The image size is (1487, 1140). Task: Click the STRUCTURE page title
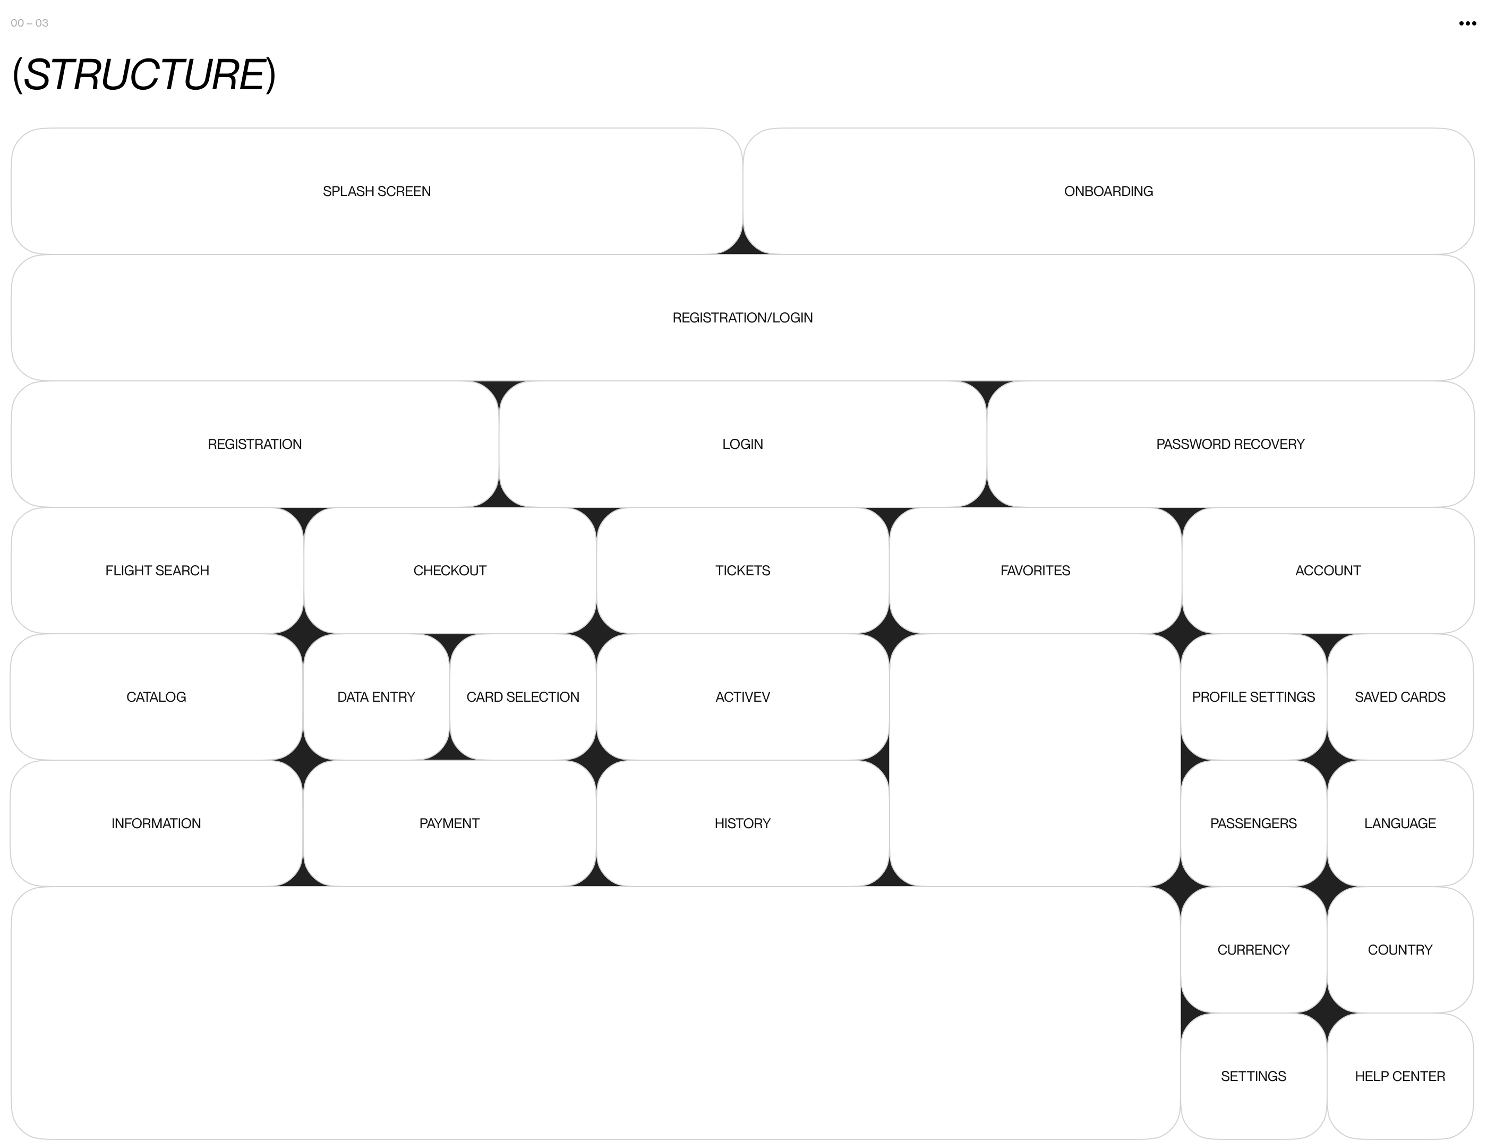click(x=144, y=75)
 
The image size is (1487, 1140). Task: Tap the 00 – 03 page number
click(x=30, y=23)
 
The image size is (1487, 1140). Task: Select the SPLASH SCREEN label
click(x=377, y=191)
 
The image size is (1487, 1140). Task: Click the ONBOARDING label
click(x=1108, y=191)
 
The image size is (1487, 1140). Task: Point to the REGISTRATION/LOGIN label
click(x=742, y=318)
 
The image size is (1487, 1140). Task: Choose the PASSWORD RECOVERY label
click(x=1230, y=444)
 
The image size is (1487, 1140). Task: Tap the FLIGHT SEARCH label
click(x=157, y=571)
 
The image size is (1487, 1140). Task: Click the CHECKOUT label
click(x=450, y=571)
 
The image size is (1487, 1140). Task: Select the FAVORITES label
click(x=1035, y=571)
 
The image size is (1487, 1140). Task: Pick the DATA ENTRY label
click(x=376, y=697)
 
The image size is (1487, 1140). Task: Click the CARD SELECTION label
click(x=523, y=697)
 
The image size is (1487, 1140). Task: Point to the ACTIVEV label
click(x=742, y=697)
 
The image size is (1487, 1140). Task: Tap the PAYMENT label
click(x=449, y=823)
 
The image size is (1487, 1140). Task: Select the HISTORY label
click(x=742, y=823)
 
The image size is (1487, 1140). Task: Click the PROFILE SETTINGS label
click(x=1253, y=697)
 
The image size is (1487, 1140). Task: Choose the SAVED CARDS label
click(x=1399, y=697)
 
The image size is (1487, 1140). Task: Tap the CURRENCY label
click(x=1253, y=950)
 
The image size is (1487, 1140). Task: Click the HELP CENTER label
click(x=1399, y=1076)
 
